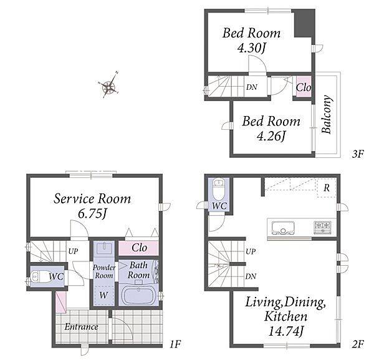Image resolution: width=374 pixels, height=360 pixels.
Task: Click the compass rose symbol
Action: [x=109, y=87]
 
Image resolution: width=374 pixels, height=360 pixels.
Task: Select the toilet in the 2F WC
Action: [x=219, y=190]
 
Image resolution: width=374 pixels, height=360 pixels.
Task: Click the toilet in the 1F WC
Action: [x=40, y=276]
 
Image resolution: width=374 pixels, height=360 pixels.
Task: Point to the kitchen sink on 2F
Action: [x=283, y=228]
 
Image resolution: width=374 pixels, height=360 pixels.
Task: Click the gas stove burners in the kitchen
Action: [x=322, y=227]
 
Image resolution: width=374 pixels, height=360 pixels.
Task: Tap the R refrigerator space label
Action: [x=326, y=188]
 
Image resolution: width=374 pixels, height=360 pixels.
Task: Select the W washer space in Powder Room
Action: [x=103, y=296]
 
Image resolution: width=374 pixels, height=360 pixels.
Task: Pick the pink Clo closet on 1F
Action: [x=138, y=248]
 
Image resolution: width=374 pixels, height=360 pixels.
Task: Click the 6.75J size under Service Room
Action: [x=92, y=214]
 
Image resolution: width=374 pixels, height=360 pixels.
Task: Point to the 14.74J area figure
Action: [x=285, y=331]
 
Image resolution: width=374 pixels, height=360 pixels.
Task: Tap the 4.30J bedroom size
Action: [x=251, y=48]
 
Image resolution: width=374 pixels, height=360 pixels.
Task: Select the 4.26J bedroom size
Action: [x=271, y=137]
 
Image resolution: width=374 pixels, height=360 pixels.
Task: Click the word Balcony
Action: [x=326, y=114]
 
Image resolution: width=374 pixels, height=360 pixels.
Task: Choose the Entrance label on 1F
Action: [x=81, y=327]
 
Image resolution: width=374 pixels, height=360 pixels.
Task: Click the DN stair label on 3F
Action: [x=252, y=87]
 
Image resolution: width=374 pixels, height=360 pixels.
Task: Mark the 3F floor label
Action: [x=357, y=154]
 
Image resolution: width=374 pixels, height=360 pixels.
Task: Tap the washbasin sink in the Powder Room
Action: [x=104, y=248]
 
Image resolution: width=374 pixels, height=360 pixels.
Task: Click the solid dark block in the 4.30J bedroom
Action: [x=303, y=23]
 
